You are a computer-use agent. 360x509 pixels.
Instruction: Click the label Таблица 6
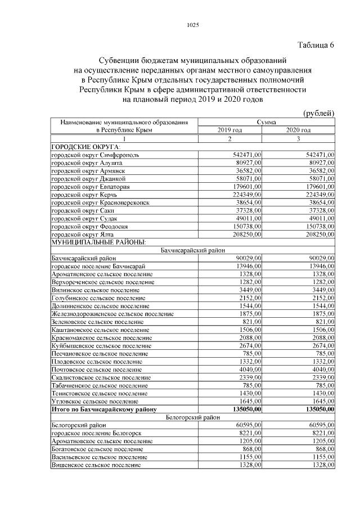[x=315, y=46]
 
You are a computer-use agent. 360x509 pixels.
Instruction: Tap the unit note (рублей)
[x=319, y=113]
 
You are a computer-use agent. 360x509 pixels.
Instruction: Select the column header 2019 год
[x=230, y=130]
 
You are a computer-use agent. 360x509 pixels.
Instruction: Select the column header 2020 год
[x=299, y=130]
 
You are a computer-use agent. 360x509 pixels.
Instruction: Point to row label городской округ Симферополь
[x=95, y=154]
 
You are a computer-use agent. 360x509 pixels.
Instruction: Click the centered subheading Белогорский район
[x=193, y=417]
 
